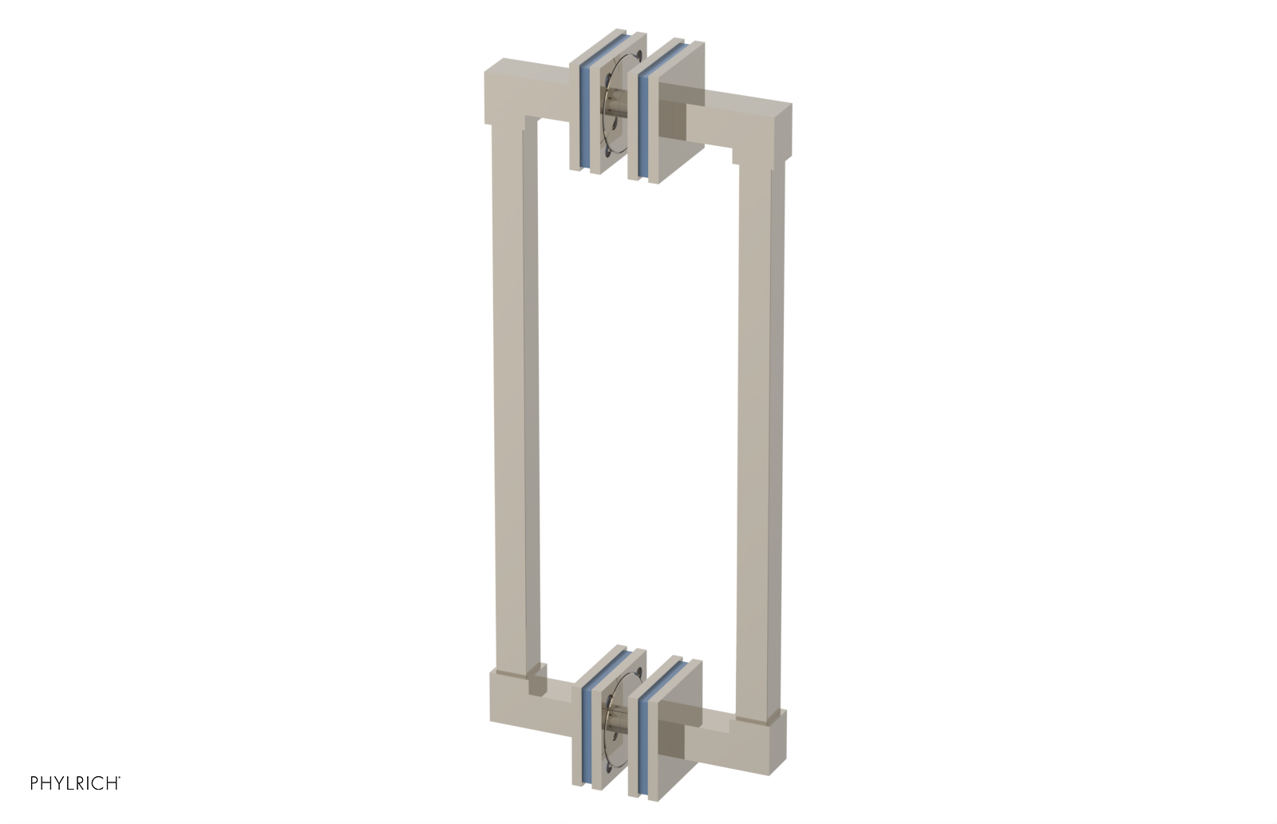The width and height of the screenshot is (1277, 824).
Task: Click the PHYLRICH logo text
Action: (x=75, y=783)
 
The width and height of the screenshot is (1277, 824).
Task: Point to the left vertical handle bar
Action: (x=513, y=399)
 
